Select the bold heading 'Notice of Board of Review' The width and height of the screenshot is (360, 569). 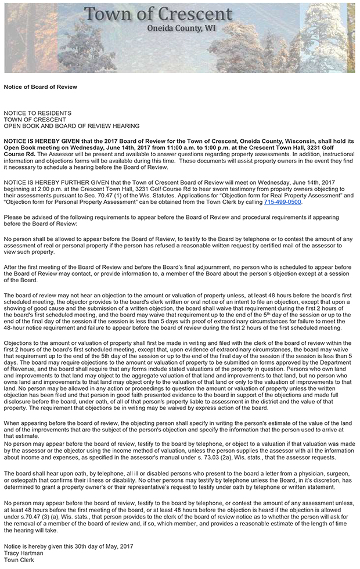pos(40,87)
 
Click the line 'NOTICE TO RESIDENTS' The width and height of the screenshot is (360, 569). pos(38,113)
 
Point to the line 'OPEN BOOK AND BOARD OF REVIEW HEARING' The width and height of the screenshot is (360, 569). pos(71,125)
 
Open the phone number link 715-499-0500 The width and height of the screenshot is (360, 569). pos(283,202)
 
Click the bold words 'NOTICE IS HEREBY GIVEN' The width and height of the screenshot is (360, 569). pos(42,141)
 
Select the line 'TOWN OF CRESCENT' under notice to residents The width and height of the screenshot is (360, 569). pos(35,119)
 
